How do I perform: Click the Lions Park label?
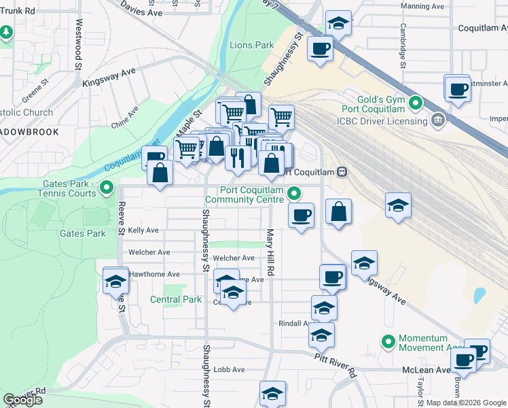click(x=251, y=46)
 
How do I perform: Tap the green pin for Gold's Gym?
click(x=416, y=104)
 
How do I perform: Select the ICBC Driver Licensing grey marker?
click(x=438, y=121)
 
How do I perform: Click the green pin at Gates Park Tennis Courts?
click(x=107, y=188)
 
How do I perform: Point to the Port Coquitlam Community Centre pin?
click(x=294, y=194)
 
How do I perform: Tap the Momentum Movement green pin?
click(x=388, y=341)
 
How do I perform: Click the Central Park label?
click(x=175, y=299)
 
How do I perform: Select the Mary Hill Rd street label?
click(x=270, y=252)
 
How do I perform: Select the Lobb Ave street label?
click(x=229, y=369)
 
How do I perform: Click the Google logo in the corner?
click(x=22, y=400)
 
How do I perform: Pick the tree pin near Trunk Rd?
click(x=6, y=32)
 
